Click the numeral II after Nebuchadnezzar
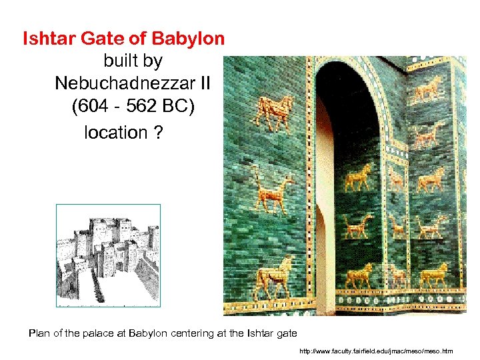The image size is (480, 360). (x=203, y=83)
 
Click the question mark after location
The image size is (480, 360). (x=157, y=132)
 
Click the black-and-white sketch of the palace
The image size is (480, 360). (x=108, y=255)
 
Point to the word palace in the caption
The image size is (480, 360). (x=103, y=333)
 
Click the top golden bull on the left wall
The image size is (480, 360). (x=274, y=112)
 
